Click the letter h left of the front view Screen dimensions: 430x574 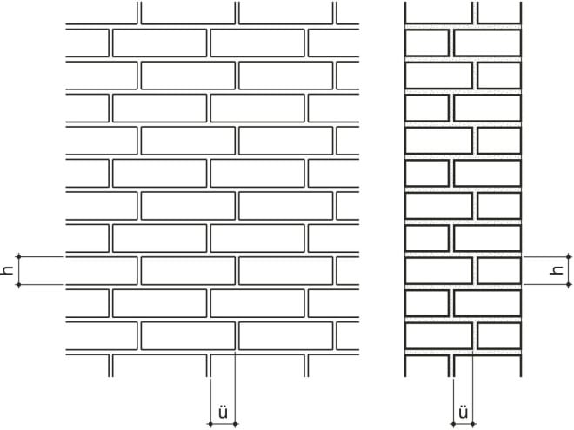coord(8,271)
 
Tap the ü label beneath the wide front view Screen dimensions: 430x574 coord(223,412)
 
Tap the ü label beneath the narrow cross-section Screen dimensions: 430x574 coord(463,412)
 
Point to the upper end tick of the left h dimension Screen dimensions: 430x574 coord(19,257)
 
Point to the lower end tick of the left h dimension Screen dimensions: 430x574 coord(19,285)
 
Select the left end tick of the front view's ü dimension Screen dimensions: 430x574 coord(210,423)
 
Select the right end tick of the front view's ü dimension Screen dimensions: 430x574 coord(237,423)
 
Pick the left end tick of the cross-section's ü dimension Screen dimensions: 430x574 coord(451,423)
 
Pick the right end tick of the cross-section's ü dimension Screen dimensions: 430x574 coord(474,423)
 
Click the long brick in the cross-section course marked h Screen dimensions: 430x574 coord(438,271)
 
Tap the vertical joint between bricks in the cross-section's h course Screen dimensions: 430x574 coord(475,271)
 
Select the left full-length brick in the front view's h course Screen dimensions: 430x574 coord(186,271)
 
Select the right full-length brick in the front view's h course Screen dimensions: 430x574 coord(284,271)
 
